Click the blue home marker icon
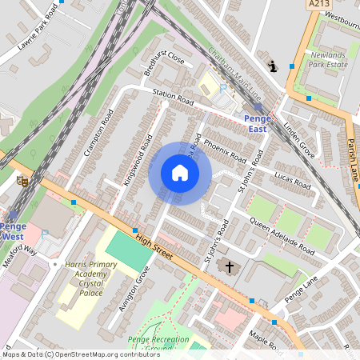point(180,173)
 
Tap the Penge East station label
point(257,123)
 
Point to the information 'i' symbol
point(273,67)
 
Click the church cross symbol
point(230,267)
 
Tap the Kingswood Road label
point(138,161)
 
